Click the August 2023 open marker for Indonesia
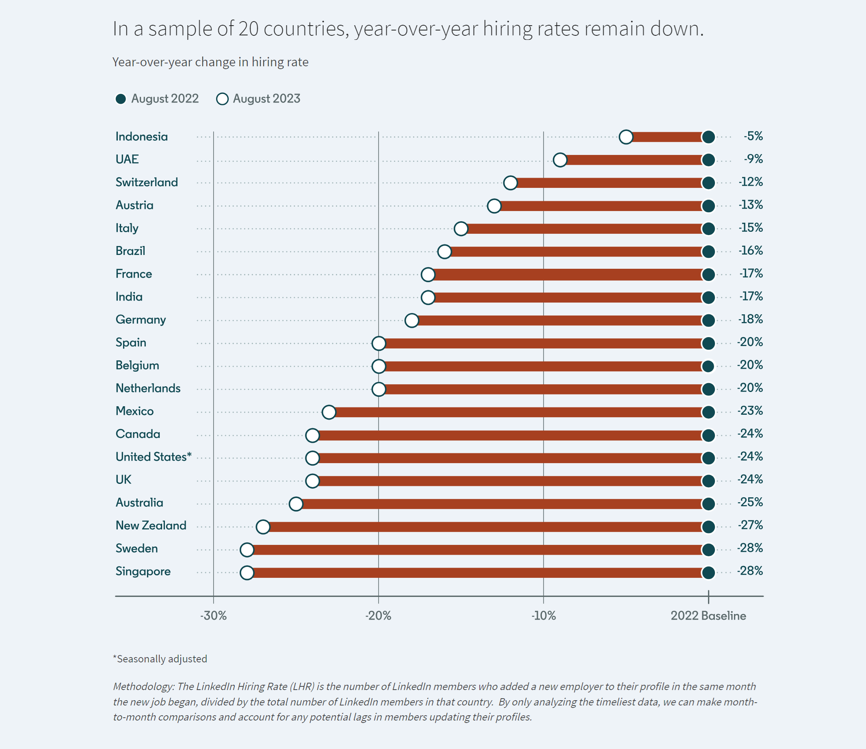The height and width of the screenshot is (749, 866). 626,137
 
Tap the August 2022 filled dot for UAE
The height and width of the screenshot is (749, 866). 708,160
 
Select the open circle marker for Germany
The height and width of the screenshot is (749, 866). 412,320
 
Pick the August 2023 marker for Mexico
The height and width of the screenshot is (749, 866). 329,412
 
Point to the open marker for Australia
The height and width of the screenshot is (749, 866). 296,504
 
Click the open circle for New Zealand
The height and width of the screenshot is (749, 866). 263,527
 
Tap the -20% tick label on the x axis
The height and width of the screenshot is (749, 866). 378,616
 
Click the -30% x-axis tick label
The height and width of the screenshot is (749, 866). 213,616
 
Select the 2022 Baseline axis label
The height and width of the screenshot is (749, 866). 708,616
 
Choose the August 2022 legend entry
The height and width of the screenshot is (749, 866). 157,99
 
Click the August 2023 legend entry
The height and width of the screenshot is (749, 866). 258,99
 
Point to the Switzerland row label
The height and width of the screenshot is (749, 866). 147,183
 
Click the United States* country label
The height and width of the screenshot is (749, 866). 154,457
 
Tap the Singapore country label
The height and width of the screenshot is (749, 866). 143,572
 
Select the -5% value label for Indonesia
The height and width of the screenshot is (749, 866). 753,136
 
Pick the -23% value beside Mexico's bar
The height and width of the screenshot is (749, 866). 750,411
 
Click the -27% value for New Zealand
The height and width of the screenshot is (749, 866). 750,525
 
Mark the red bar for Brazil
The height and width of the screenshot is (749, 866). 577,251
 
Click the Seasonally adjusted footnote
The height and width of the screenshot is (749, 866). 160,659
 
